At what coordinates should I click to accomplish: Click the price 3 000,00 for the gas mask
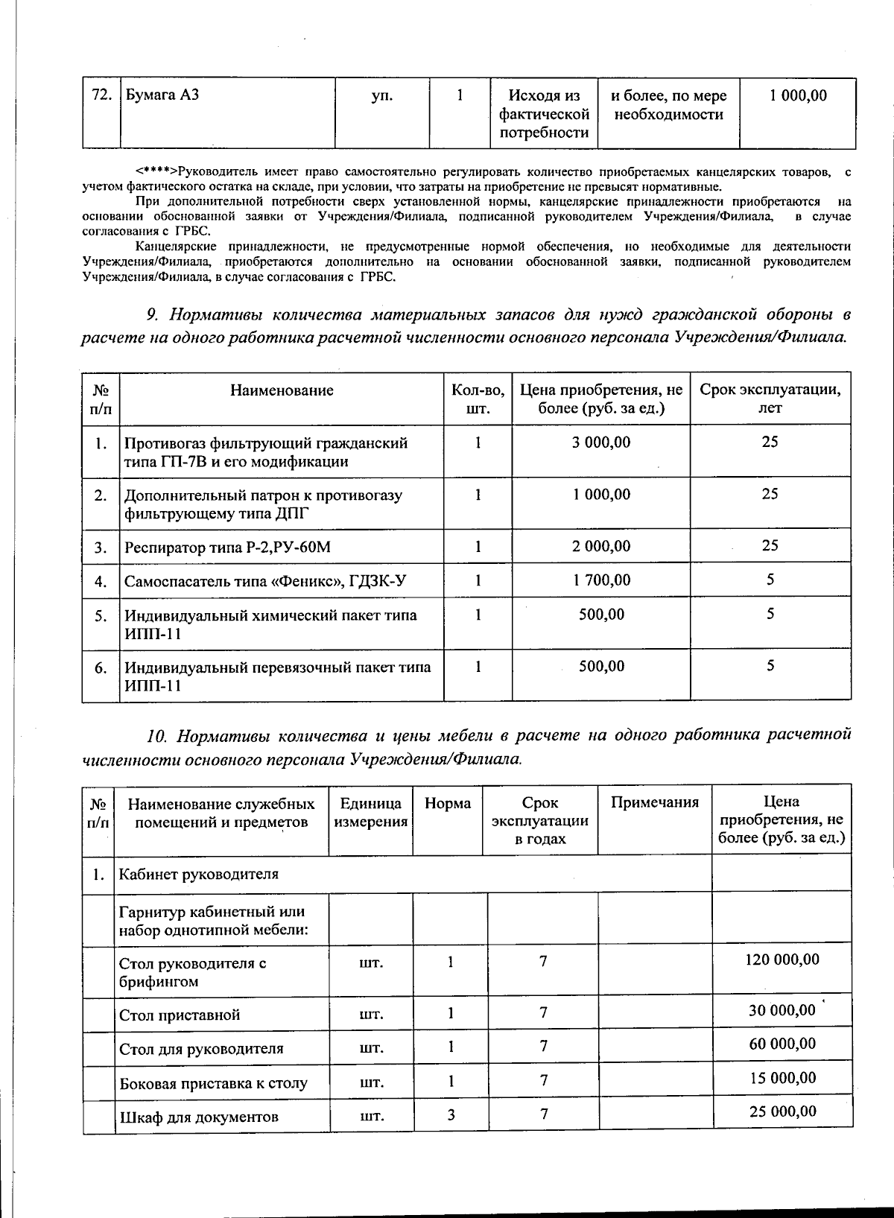[600, 443]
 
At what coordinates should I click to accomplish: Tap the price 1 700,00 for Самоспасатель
[600, 580]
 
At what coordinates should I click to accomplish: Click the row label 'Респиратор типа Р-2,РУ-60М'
[227, 548]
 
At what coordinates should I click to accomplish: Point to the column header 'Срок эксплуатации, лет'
[770, 399]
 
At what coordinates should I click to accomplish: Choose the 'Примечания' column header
[654, 802]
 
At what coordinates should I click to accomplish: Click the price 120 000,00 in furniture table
[782, 960]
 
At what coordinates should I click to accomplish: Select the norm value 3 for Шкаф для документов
[451, 1114]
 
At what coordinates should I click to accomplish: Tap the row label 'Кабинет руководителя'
[198, 874]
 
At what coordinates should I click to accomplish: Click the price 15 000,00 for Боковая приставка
[782, 1078]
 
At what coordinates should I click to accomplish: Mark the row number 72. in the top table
[101, 96]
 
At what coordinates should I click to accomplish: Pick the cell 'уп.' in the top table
[381, 96]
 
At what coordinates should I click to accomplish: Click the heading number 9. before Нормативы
[154, 314]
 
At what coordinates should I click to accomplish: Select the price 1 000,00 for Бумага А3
[798, 96]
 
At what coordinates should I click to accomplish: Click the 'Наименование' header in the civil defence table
[282, 390]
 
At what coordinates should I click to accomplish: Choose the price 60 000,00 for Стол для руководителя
[782, 1044]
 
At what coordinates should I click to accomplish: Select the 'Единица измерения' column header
[370, 812]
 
